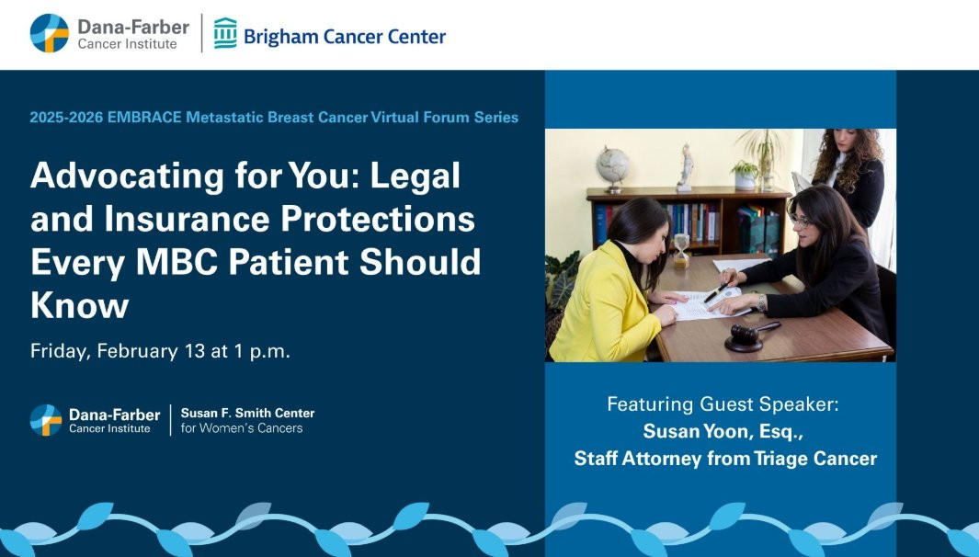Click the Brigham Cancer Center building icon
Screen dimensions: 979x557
225,33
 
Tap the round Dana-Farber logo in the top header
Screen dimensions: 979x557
50,33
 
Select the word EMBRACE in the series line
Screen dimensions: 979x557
144,118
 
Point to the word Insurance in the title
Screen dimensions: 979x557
188,219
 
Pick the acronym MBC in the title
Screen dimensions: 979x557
176,262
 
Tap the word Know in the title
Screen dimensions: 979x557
79,305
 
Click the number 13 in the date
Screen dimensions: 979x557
195,351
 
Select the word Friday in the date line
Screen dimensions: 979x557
61,351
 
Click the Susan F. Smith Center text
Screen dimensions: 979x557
247,414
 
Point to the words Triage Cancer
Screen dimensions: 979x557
815,459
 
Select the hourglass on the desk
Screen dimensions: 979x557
681,250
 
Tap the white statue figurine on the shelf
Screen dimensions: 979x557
686,167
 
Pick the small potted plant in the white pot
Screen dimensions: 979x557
746,175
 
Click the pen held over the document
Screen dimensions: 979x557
715,293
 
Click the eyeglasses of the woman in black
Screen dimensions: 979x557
800,221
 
